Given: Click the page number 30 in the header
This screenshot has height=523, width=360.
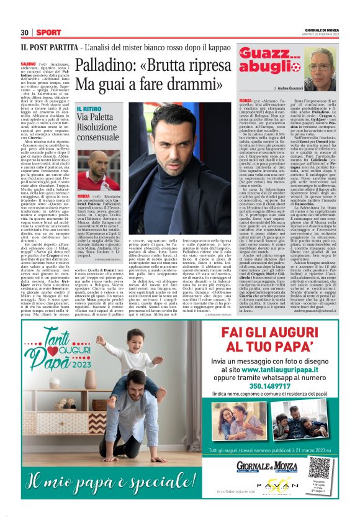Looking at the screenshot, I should click(25, 32).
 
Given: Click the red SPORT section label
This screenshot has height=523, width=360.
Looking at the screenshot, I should click(48, 32).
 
